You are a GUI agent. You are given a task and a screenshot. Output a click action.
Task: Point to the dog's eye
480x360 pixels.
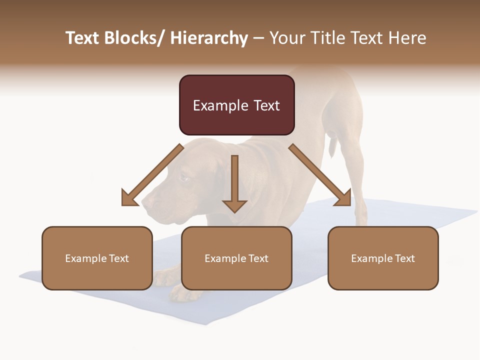[x=184, y=177]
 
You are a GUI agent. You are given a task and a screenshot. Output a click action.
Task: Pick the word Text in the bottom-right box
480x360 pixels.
[x=404, y=258]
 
